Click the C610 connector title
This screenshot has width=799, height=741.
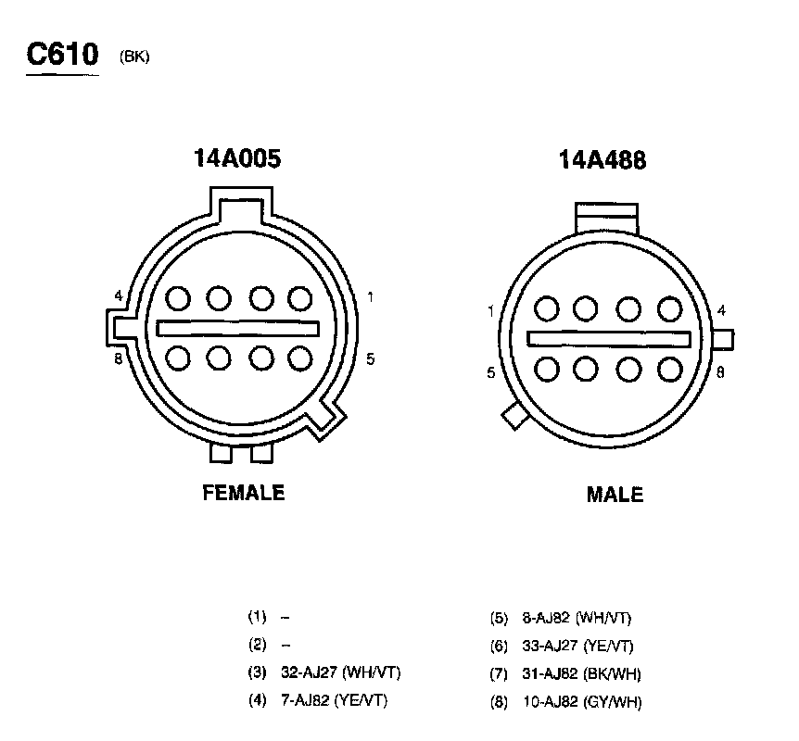pyautogui.click(x=62, y=54)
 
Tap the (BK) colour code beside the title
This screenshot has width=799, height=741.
pyautogui.click(x=134, y=57)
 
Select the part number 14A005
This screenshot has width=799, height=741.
pyautogui.click(x=237, y=157)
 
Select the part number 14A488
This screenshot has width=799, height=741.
pyautogui.click(x=602, y=159)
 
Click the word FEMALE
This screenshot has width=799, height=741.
pyautogui.click(x=244, y=493)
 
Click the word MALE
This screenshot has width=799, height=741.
pyautogui.click(x=615, y=495)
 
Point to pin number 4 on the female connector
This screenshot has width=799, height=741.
pyautogui.click(x=119, y=295)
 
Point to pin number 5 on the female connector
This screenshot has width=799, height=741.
pyautogui.click(x=371, y=359)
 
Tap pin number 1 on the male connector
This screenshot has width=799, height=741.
pyautogui.click(x=490, y=311)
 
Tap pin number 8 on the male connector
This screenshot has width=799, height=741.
pyautogui.click(x=720, y=372)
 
